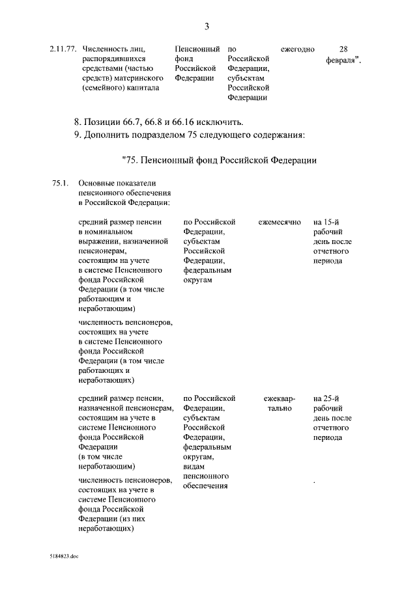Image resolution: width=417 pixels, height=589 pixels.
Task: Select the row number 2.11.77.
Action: click(x=63, y=49)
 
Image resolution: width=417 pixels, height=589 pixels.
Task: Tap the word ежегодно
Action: click(x=297, y=49)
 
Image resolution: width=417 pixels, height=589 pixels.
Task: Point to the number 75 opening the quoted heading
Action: click(x=130, y=161)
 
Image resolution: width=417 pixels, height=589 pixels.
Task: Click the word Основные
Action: click(x=97, y=184)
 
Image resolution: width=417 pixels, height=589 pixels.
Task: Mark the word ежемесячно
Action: click(x=280, y=222)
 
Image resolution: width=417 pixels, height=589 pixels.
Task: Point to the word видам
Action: click(x=195, y=467)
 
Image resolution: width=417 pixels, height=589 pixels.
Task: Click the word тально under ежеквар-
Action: click(x=280, y=408)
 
